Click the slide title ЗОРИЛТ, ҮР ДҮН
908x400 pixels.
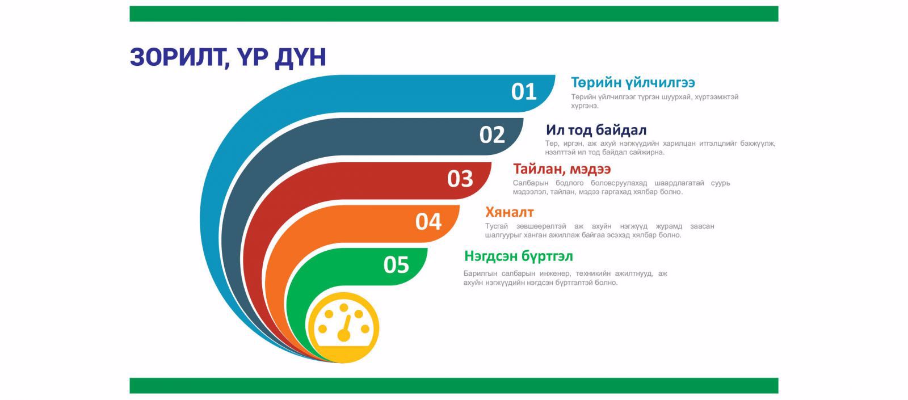coord(228,57)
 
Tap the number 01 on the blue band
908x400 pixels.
coord(524,92)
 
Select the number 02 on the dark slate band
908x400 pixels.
coord(492,135)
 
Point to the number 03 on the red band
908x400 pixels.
coord(460,179)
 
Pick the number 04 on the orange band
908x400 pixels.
coord(428,222)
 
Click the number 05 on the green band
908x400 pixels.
coord(396,265)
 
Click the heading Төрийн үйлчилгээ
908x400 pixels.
coord(633,83)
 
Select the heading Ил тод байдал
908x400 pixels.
coord(596,130)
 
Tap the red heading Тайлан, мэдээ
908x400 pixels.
coord(562,169)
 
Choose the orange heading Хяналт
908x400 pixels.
coord(510,212)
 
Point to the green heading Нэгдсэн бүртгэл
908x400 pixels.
coord(519,256)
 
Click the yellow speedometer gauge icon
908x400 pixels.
coord(343,327)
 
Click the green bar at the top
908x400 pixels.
coord(453,14)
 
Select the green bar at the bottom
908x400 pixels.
coord(453,385)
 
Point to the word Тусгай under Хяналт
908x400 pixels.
coord(496,226)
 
